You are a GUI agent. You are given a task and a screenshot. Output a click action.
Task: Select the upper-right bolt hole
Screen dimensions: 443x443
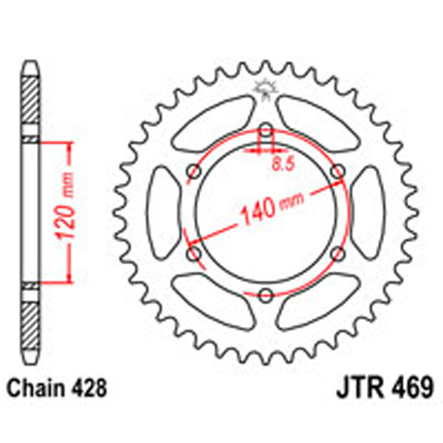[338, 172]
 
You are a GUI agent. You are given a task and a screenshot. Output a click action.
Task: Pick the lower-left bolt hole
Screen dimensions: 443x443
[195, 254]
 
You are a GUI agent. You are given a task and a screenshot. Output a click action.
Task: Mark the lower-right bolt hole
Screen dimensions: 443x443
[338, 254]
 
